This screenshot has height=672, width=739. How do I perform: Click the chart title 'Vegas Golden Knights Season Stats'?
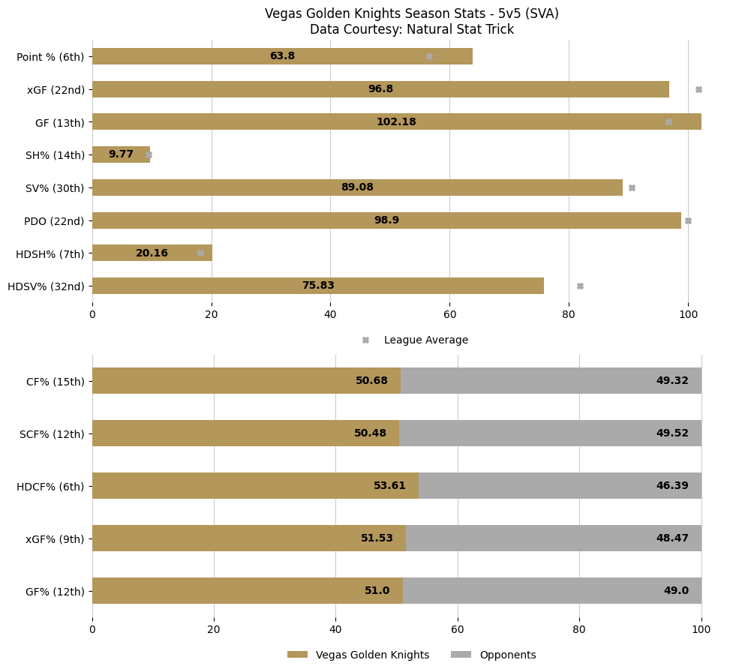pos(411,14)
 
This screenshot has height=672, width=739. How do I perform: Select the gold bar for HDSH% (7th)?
pos(152,253)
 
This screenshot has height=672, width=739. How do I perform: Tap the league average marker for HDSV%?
pos(580,286)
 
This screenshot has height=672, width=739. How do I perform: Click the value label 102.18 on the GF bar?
pos(396,121)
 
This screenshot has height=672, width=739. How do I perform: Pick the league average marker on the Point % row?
pos(429,56)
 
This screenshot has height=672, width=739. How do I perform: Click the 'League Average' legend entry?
pos(425,340)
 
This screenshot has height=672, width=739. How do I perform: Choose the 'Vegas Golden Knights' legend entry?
pos(372,655)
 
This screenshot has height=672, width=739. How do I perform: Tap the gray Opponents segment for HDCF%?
pos(560,485)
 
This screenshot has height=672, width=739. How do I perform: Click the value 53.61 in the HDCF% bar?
pos(389,485)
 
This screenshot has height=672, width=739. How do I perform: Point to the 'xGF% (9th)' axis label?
pos(55,538)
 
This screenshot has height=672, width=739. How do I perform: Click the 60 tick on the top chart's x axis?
pos(449,315)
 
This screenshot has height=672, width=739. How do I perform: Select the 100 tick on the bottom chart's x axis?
pos(701,630)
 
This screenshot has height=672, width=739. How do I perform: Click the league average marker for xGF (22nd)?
pos(698,89)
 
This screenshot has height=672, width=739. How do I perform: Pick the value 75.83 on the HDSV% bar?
pos(318,286)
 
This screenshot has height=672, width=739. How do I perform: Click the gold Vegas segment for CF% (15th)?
pos(246,380)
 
